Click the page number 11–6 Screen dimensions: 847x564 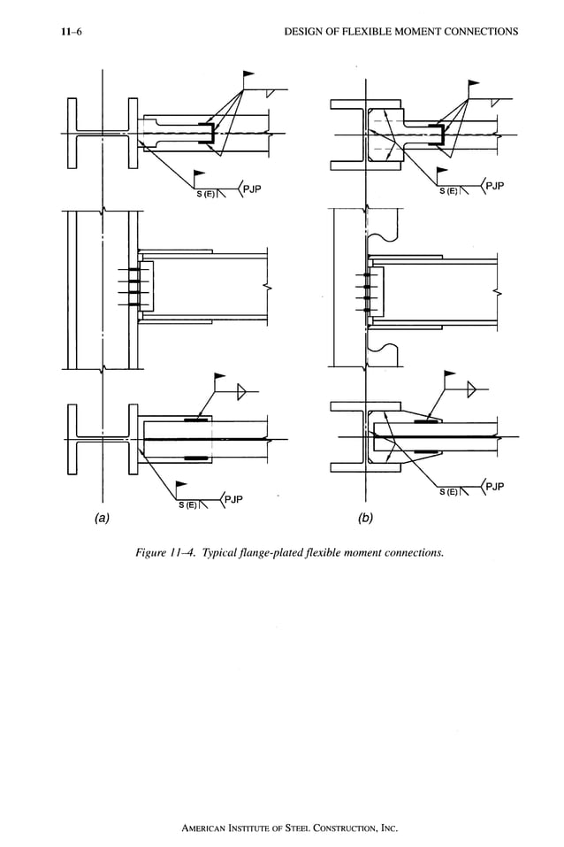click(x=61, y=33)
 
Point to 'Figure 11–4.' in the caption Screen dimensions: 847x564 click(x=165, y=553)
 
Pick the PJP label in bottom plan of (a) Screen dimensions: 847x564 click(x=232, y=500)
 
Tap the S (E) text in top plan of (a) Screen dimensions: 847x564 click(x=206, y=194)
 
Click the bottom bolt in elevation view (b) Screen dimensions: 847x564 click(x=366, y=309)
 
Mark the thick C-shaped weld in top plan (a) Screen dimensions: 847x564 click(x=209, y=134)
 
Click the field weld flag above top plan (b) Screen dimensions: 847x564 click(x=474, y=84)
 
